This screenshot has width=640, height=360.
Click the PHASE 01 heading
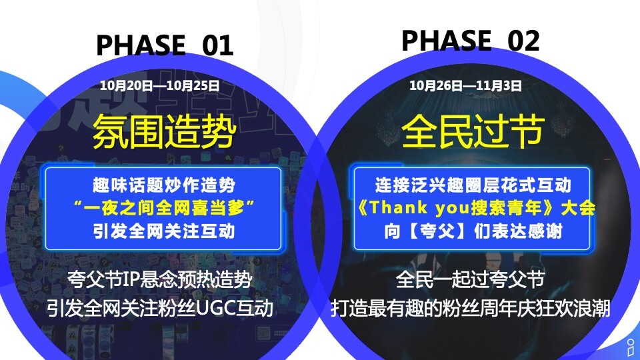point(165,45)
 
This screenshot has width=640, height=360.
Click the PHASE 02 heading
point(470,41)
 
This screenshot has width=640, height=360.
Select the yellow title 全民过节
point(472,131)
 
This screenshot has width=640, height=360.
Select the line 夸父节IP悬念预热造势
point(160,280)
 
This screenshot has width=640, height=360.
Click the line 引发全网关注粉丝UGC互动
point(160,309)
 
